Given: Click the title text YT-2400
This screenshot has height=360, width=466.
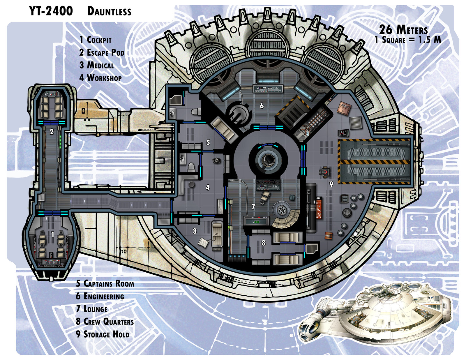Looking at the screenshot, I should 51,11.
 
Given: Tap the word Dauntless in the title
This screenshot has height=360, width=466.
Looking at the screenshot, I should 109,12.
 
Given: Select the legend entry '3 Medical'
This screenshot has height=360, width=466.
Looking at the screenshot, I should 96,65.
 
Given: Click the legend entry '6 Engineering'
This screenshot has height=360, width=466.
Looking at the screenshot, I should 100,296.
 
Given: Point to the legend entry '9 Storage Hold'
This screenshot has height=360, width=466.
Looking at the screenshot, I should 103,334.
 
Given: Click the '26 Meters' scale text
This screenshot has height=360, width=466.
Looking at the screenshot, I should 403,29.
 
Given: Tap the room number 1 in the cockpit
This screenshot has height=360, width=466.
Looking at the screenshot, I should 52,235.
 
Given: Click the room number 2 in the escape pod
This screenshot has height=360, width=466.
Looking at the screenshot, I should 52,132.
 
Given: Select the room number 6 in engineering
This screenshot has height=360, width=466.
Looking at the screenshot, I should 262,106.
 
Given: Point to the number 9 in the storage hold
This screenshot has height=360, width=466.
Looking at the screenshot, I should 331,184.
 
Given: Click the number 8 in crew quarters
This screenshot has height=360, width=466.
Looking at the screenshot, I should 263,243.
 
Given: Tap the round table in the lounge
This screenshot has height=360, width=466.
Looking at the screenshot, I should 281,209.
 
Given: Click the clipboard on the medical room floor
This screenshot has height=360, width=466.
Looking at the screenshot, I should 204,242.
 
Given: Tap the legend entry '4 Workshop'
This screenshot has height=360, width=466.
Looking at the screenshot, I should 100,78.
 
